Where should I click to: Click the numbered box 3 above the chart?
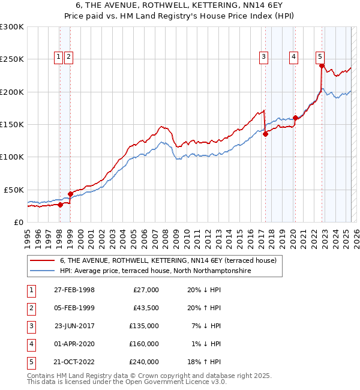point(263,58)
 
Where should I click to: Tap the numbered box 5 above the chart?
point(320,58)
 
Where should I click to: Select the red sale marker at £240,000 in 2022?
point(322,66)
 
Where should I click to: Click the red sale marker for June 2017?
point(265,134)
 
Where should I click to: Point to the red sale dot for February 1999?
point(70,194)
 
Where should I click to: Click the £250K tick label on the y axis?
point(12,59)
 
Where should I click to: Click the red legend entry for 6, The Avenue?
point(168,261)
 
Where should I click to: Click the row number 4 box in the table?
point(30,344)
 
